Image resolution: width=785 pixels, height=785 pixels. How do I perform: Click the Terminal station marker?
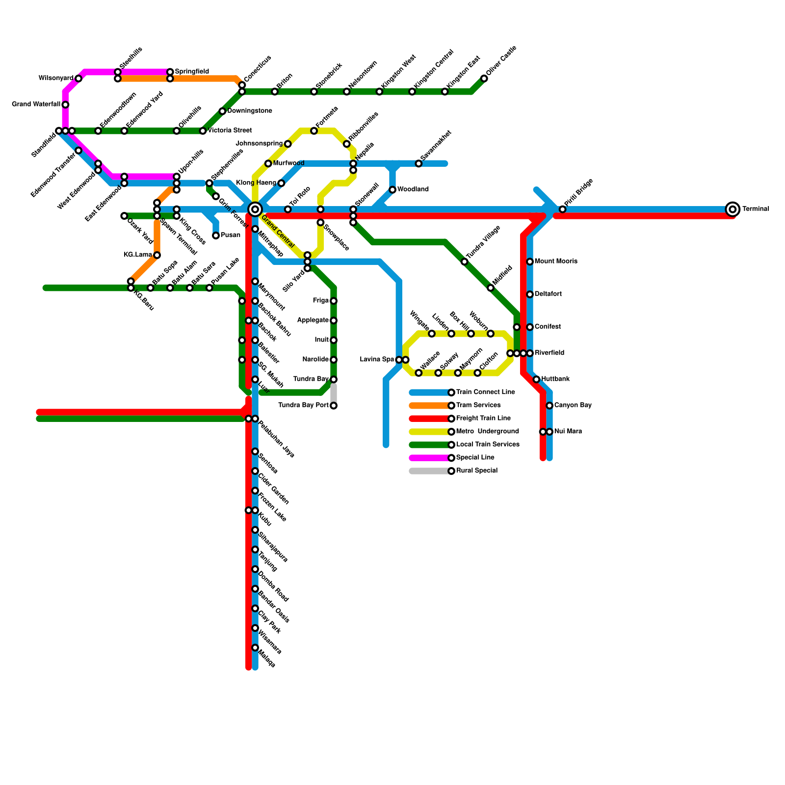pyautogui.click(x=733, y=209)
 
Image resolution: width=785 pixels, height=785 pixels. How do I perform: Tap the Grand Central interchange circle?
pyautogui.click(x=255, y=209)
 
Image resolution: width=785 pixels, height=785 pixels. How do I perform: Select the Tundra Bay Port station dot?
pyautogui.click(x=334, y=406)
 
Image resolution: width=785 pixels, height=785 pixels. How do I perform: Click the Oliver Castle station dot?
pyautogui.click(x=484, y=78)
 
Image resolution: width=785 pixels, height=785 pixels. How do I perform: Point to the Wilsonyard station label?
pyautogui.click(x=56, y=78)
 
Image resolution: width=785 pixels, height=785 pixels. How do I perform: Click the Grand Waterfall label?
pyautogui.click(x=36, y=105)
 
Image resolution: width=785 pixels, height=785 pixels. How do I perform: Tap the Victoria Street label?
pyautogui.click(x=230, y=131)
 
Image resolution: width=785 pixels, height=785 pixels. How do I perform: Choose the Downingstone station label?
pyautogui.click(x=250, y=111)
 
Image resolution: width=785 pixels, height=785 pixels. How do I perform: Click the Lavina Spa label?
pyautogui.click(x=377, y=360)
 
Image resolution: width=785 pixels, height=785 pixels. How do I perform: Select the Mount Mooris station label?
pyautogui.click(x=556, y=262)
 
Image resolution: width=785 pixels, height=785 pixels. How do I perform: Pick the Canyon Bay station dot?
pyautogui.click(x=549, y=406)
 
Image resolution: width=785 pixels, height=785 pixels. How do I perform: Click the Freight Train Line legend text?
pyautogui.click(x=483, y=419)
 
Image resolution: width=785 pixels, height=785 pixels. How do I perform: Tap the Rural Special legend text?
pyautogui.click(x=477, y=471)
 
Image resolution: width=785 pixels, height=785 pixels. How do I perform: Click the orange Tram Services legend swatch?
pyautogui.click(x=429, y=406)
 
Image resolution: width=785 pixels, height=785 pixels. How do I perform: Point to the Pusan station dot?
pyautogui.click(x=216, y=236)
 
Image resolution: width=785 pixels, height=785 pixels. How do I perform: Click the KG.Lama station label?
pyautogui.click(x=138, y=255)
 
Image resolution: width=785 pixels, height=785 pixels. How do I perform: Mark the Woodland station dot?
pyautogui.click(x=392, y=190)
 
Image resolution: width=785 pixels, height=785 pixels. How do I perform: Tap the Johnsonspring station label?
pyautogui.click(x=259, y=144)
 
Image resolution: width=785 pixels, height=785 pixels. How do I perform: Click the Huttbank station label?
pyautogui.click(x=555, y=379)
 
